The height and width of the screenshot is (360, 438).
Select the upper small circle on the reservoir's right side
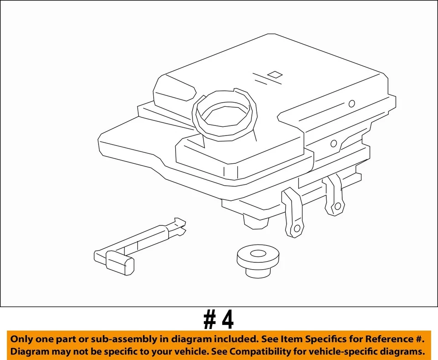[x=351, y=104]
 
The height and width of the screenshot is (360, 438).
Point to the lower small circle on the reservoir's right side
[x=334, y=144]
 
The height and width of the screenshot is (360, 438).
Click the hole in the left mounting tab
[x=297, y=228]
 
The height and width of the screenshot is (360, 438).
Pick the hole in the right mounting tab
[x=337, y=207]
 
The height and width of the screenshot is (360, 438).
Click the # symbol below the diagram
[x=210, y=320]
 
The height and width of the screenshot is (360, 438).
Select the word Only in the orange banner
[x=21, y=339]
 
